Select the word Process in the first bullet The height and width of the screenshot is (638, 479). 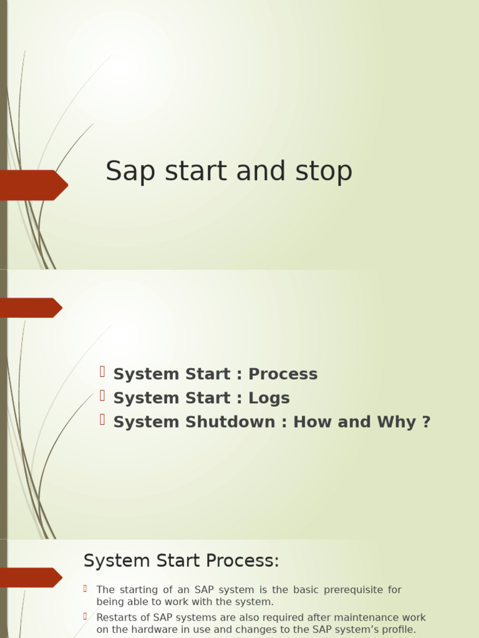pyautogui.click(x=283, y=374)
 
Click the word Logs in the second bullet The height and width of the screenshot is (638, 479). pyautogui.click(x=269, y=398)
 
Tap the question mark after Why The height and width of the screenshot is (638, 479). pyautogui.click(x=426, y=422)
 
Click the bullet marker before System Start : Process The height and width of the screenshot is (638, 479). pyautogui.click(x=102, y=373)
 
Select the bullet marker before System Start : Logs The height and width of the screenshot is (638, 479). pyautogui.click(x=102, y=396)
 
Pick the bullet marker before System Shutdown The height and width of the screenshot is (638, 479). pyautogui.click(x=102, y=420)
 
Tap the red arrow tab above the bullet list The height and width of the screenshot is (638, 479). pyautogui.click(x=30, y=308)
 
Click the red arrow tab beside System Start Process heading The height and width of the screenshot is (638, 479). pyautogui.click(x=30, y=578)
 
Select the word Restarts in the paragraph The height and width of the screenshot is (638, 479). pyautogui.click(x=117, y=617)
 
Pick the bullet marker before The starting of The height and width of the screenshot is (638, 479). pyautogui.click(x=85, y=588)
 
